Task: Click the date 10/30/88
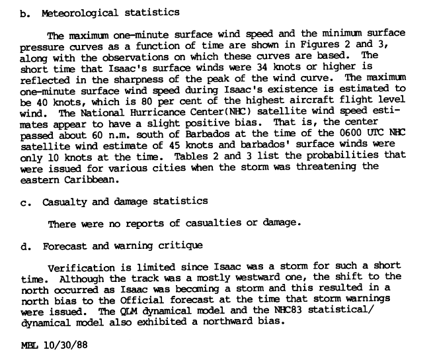[67, 345]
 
